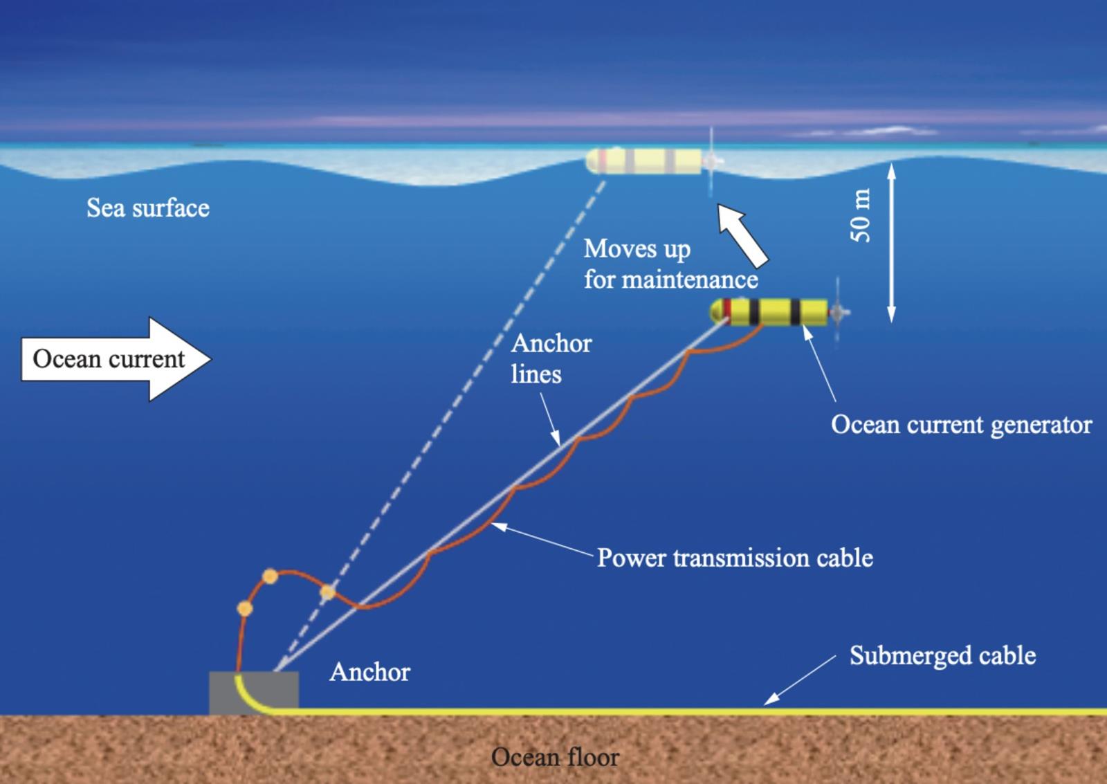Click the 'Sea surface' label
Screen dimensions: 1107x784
148,208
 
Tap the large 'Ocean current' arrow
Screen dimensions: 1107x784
116,359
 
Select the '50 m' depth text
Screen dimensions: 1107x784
861,215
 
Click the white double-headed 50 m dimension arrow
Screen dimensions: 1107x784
891,243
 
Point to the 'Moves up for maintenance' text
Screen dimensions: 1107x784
670,264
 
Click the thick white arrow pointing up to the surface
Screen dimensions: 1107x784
742,235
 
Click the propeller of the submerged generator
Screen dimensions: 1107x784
838,312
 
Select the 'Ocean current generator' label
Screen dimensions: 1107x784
961,425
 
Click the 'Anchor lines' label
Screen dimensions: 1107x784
551,358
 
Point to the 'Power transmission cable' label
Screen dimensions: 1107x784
735,558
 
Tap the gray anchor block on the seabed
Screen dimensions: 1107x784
253,693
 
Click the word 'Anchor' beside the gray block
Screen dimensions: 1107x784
369,672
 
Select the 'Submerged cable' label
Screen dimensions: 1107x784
942,655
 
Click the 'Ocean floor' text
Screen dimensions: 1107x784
554,757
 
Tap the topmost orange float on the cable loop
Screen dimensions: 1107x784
270,576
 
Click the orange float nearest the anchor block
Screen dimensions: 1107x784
245,608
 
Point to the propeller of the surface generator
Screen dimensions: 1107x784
711,161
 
